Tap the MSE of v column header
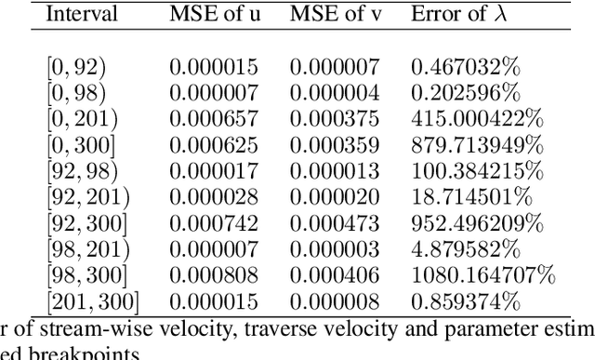334,14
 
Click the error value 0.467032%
462,67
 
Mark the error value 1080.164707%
483,275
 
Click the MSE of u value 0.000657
214,119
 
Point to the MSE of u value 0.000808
214,275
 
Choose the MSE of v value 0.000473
334,223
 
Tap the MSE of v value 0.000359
334,145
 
